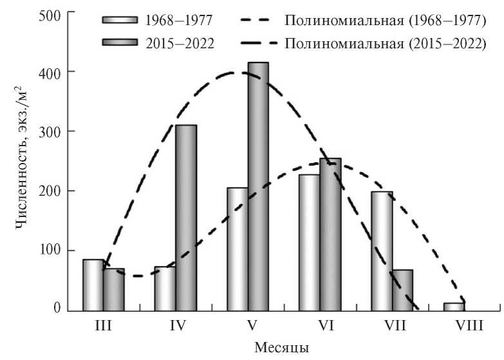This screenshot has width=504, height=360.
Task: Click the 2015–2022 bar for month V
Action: (x=257, y=186)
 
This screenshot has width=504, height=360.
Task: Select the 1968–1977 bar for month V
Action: (x=237, y=249)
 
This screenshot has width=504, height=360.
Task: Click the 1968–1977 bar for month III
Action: (x=93, y=284)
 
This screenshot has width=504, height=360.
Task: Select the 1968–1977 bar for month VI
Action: (x=309, y=242)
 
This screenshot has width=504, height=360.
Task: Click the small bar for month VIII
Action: (x=453, y=306)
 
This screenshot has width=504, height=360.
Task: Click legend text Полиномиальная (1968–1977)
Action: (x=384, y=21)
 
